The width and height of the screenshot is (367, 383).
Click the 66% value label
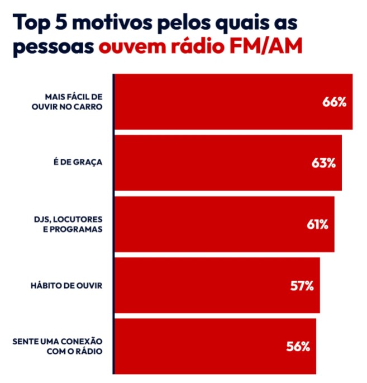click(x=335, y=102)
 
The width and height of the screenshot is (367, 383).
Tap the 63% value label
click(x=323, y=163)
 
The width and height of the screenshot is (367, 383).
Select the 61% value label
click(x=317, y=225)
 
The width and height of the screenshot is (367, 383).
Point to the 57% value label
click(x=302, y=286)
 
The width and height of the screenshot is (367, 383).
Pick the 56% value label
click(x=298, y=347)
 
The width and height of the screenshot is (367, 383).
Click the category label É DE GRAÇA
click(x=77, y=163)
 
